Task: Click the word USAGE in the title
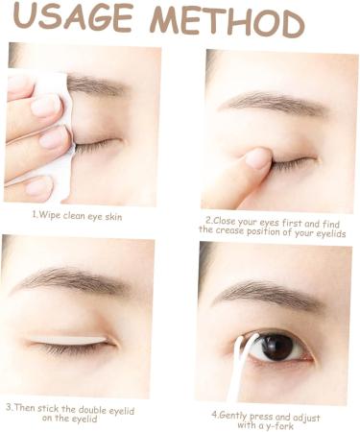[x=73, y=16]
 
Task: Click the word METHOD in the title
[x=227, y=22]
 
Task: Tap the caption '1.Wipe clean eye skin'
[x=77, y=215]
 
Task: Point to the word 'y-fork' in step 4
[x=279, y=426]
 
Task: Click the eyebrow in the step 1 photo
[x=96, y=84]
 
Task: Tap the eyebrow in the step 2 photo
[x=274, y=103]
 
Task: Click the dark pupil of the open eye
[x=276, y=348]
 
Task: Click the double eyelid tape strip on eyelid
[x=68, y=340]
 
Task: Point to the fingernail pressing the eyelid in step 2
[x=257, y=158]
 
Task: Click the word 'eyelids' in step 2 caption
[x=331, y=233]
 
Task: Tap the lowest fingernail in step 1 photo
[x=37, y=187]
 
